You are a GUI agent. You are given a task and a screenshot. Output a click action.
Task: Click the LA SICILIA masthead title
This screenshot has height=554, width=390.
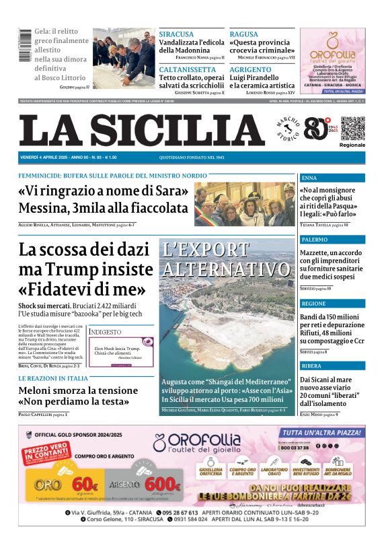pos(142,130)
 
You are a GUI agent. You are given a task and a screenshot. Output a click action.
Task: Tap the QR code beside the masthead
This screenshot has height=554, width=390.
pos(352,128)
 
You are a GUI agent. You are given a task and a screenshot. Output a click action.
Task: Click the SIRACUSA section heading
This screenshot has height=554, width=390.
pos(176,34)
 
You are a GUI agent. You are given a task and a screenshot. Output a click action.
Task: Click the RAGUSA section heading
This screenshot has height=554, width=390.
pos(243,34)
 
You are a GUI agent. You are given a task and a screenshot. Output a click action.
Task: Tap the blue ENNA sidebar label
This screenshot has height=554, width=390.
pos(309,178)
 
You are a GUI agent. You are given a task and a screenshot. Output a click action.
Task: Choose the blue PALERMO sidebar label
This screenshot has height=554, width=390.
pos(315,240)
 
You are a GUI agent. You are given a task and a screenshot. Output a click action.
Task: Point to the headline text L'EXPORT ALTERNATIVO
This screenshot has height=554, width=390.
pos(225,259)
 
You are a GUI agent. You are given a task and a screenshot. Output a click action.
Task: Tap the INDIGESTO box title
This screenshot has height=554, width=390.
pos(106,333)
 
